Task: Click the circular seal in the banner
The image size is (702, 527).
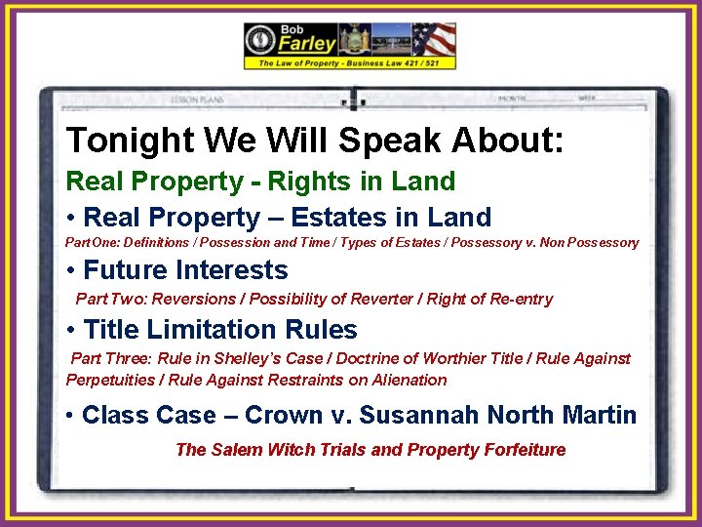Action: (x=262, y=39)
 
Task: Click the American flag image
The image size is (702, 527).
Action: (x=433, y=39)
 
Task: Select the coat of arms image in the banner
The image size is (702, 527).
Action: (x=353, y=39)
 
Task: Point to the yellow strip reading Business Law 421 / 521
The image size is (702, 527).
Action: (x=350, y=62)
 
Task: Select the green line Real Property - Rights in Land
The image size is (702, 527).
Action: (x=259, y=182)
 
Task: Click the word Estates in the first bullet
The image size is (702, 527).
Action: (x=335, y=218)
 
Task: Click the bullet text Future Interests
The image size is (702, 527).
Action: (x=185, y=270)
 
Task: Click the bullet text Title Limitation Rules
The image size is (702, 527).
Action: (x=220, y=330)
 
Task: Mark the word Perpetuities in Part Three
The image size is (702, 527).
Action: (x=108, y=380)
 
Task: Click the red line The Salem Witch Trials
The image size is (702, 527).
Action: (x=370, y=450)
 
